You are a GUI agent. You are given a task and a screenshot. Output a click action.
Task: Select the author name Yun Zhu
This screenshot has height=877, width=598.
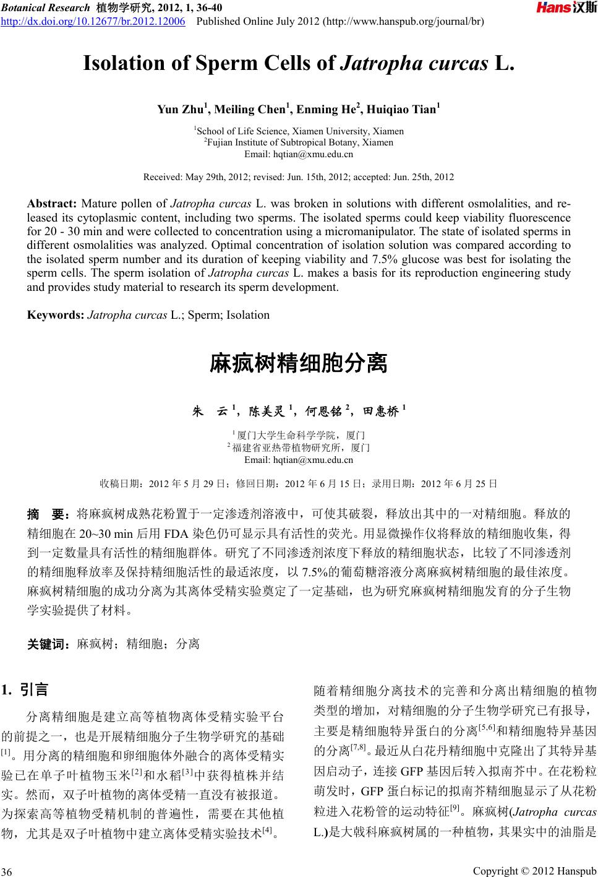[179, 110]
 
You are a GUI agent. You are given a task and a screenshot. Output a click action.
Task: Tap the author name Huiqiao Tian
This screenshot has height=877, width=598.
[401, 110]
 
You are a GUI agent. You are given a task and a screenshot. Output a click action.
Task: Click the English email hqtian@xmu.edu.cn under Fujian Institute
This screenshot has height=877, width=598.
[299, 153]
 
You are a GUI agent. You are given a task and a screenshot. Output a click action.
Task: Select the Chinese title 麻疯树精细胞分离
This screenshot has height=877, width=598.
[299, 363]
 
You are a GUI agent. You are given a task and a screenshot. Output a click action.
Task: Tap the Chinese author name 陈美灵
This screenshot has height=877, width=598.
[267, 410]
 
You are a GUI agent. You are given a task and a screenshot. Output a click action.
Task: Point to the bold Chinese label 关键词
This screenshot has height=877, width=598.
[48, 644]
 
